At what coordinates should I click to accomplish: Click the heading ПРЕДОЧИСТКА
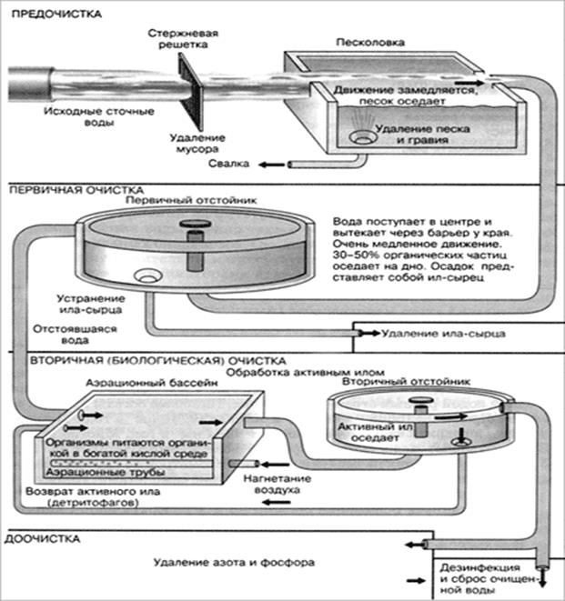pyautogui.click(x=55, y=15)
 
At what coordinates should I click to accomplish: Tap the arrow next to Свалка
pyautogui.click(x=267, y=164)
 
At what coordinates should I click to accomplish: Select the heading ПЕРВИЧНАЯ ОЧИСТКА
pyautogui.click(x=70, y=192)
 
